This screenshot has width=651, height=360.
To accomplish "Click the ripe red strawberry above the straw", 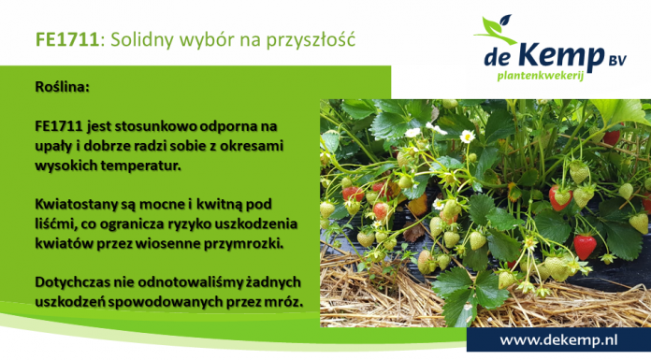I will [585, 247].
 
